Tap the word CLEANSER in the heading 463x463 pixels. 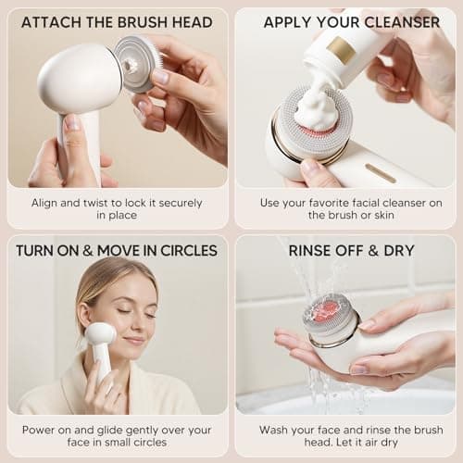(x=404, y=21)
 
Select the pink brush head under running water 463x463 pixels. (x=330, y=314)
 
